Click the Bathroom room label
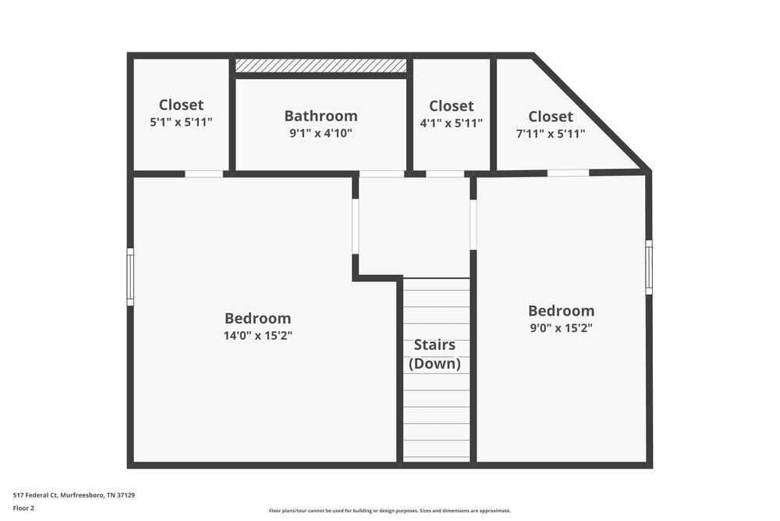[x=321, y=116]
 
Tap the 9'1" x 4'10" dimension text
[x=321, y=134]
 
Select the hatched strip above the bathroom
[x=321, y=66]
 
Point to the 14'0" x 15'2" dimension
[x=257, y=336]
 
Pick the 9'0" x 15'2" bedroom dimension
[x=561, y=328]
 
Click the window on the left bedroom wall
[x=130, y=277]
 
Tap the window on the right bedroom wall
[x=649, y=267]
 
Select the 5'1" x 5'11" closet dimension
[x=181, y=122]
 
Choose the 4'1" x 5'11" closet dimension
[x=451, y=123]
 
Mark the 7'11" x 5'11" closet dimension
[x=550, y=134]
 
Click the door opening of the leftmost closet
[x=204, y=173]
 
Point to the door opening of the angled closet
[x=568, y=173]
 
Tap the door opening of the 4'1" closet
[x=445, y=173]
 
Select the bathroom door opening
[x=381, y=173]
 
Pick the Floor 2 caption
[x=23, y=508]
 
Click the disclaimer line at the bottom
[x=390, y=511]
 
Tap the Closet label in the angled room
[x=550, y=116]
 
